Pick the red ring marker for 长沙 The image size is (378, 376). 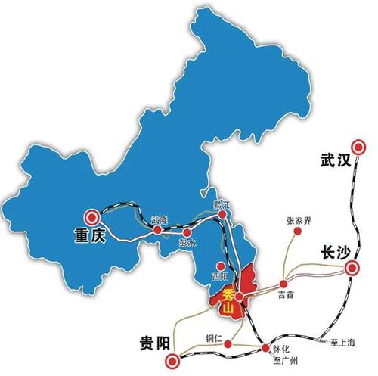(352, 268)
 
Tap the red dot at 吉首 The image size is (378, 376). (284, 284)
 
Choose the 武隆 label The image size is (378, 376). (159, 219)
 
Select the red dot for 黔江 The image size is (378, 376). (222, 215)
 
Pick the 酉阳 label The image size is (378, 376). (219, 277)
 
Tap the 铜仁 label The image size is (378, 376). (214, 337)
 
